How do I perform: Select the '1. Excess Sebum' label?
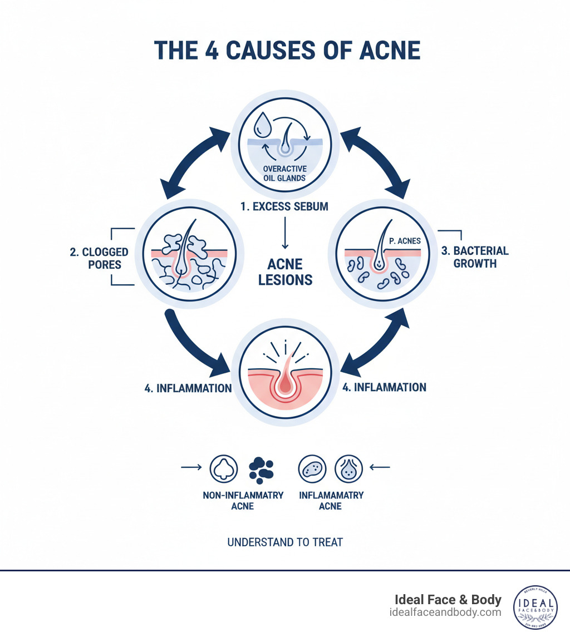[284, 206]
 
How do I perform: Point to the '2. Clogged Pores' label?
[99, 258]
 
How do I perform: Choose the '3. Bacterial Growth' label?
[475, 256]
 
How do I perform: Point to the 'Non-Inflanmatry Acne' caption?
[242, 501]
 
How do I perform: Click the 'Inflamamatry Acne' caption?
[331, 501]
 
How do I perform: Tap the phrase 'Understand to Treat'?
[285, 542]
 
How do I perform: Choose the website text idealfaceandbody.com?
[446, 612]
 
